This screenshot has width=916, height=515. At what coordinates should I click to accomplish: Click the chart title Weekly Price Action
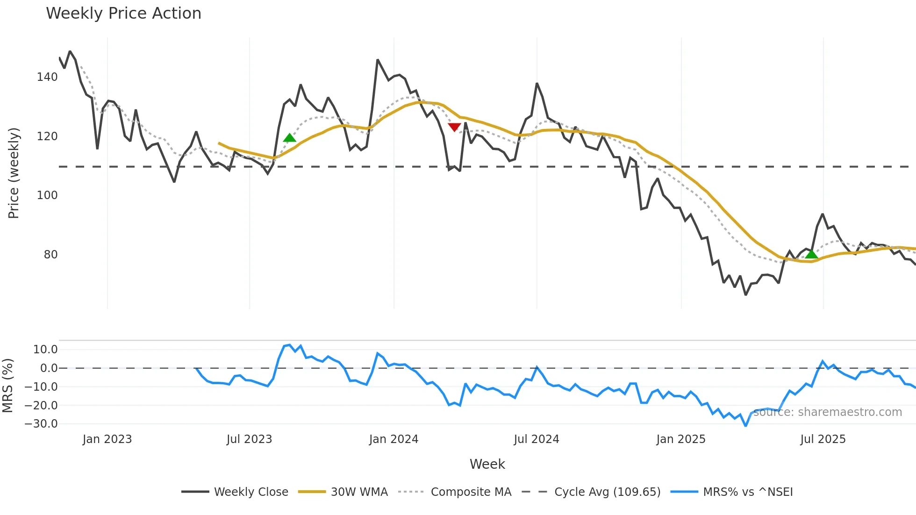(x=123, y=14)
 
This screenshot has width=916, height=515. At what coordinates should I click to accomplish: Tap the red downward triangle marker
(x=454, y=127)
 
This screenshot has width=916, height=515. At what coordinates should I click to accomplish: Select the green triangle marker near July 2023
(x=290, y=138)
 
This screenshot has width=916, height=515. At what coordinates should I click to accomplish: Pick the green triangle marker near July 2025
(x=812, y=254)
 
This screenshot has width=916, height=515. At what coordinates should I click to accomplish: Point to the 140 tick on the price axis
(x=47, y=77)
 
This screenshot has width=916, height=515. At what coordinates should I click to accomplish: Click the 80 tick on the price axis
(x=50, y=255)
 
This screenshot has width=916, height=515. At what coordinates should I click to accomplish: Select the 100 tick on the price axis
(x=47, y=195)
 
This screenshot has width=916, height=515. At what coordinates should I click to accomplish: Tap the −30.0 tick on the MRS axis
(x=41, y=424)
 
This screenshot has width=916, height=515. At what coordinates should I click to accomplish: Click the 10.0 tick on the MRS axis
(x=45, y=350)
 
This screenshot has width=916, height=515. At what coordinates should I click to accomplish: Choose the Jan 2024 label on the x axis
(x=394, y=439)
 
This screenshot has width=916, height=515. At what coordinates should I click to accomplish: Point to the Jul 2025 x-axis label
(x=823, y=439)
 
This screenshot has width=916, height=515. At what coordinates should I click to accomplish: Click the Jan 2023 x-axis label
(x=107, y=439)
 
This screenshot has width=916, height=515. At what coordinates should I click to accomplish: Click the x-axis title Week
(x=487, y=464)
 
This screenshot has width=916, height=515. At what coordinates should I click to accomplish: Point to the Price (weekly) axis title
(x=14, y=173)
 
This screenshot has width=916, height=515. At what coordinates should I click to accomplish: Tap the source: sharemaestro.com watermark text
(x=827, y=412)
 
